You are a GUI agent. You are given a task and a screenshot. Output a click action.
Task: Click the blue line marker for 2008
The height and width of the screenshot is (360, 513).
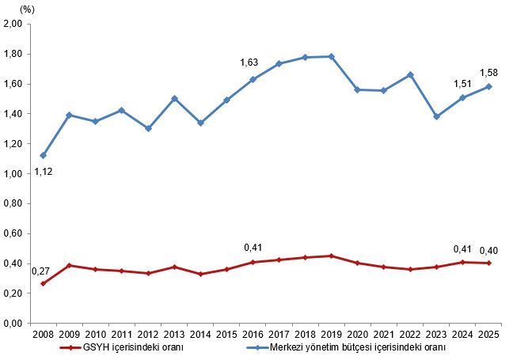(x=44, y=155)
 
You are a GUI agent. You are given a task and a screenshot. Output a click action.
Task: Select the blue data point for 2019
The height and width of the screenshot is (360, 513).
(x=332, y=56)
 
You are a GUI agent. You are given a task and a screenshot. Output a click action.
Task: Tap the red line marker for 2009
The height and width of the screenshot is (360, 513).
(x=70, y=265)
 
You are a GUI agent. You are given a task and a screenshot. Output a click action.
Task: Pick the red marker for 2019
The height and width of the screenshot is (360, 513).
(x=332, y=256)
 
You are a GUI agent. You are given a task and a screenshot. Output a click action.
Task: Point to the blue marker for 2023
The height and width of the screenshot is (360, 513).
(x=436, y=116)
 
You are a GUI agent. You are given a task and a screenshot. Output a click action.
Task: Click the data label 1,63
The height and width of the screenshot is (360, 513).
(x=249, y=63)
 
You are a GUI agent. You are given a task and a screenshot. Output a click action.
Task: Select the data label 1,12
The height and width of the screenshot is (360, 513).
(x=44, y=172)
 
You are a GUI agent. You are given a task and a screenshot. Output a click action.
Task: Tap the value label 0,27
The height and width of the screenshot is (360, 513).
(x=40, y=271)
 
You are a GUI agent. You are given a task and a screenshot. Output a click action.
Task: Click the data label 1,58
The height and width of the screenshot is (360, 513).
(x=488, y=73)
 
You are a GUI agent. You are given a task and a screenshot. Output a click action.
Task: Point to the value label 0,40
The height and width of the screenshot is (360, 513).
(x=488, y=251)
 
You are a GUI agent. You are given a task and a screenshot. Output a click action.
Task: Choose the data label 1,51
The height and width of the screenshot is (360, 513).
(x=462, y=84)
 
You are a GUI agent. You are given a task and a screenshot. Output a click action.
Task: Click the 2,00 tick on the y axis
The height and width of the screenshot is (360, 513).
(x=13, y=24)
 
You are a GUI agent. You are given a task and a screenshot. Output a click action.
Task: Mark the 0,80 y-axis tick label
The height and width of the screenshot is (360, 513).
(x=13, y=203)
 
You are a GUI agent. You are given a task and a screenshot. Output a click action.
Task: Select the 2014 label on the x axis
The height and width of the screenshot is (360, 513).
(x=200, y=335)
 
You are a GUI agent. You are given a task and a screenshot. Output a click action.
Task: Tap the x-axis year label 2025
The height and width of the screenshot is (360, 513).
(x=488, y=335)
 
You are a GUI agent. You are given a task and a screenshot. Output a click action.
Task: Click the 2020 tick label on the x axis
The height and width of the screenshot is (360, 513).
(x=358, y=335)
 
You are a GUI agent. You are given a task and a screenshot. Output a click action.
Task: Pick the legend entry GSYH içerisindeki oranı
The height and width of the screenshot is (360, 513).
(x=122, y=347)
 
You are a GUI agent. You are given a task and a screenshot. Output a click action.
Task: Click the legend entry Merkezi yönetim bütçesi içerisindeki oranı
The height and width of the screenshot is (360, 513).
(x=346, y=347)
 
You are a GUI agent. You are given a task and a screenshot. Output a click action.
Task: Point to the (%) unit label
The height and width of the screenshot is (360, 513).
(x=27, y=9)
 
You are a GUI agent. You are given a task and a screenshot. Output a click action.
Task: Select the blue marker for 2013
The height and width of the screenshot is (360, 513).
(x=174, y=98)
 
